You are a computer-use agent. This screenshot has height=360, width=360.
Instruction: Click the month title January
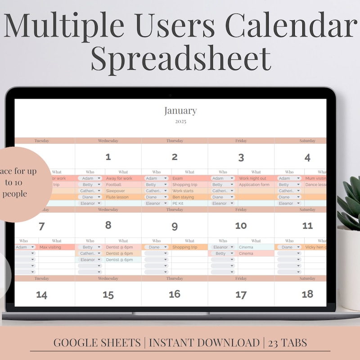(x=180, y=111)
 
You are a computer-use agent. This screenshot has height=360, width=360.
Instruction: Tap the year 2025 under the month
(x=180, y=121)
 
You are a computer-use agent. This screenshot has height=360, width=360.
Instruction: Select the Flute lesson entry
(x=117, y=197)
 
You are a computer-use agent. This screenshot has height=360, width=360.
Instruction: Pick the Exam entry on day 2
(x=177, y=179)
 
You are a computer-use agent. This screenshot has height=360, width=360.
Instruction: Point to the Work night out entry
(x=252, y=179)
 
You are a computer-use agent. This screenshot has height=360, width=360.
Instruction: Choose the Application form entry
(x=254, y=185)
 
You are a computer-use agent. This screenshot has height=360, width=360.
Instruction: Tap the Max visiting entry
(x=50, y=247)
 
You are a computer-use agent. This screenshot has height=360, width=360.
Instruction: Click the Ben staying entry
(x=183, y=197)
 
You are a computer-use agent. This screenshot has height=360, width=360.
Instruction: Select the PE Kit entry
(x=178, y=203)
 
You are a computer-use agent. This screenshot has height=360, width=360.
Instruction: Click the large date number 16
(x=175, y=294)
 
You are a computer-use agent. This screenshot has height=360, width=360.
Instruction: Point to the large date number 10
(x=241, y=226)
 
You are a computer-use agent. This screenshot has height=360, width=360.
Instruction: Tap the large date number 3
(x=241, y=157)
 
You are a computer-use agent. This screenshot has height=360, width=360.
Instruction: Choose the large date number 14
(x=42, y=295)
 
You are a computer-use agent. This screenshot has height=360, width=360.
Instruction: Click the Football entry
(x=114, y=185)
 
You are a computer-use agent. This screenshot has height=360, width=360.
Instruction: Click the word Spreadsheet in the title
(x=181, y=58)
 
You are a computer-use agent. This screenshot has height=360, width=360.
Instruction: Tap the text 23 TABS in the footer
(x=288, y=343)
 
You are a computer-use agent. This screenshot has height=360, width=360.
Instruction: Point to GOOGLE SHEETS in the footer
(x=97, y=343)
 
